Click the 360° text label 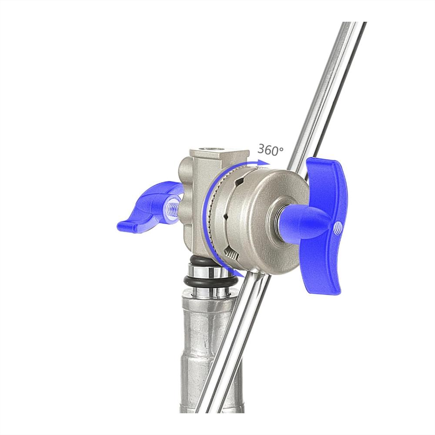pyautogui.click(x=270, y=150)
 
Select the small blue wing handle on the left pyautogui.click(x=150, y=206)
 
